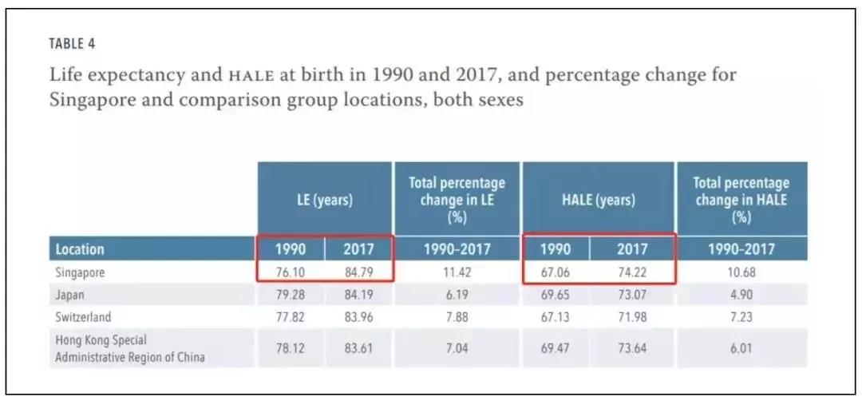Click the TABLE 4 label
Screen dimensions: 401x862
72,43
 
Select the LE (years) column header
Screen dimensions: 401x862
324,200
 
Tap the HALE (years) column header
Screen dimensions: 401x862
598,200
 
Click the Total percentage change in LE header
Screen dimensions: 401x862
457,200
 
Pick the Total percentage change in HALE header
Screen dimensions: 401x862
741,200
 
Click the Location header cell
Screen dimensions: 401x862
80,249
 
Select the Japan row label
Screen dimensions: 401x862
70,295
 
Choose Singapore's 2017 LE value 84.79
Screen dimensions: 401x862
358,272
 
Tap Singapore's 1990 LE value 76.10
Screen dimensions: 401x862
291,272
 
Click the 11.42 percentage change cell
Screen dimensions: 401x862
457,272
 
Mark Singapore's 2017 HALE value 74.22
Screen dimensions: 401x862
632,272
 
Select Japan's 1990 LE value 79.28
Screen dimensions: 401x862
291,295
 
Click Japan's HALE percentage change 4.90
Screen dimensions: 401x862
741,295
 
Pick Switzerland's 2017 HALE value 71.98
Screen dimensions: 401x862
632,317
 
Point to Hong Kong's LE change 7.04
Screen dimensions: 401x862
457,349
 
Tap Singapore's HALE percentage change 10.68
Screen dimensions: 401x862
741,272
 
